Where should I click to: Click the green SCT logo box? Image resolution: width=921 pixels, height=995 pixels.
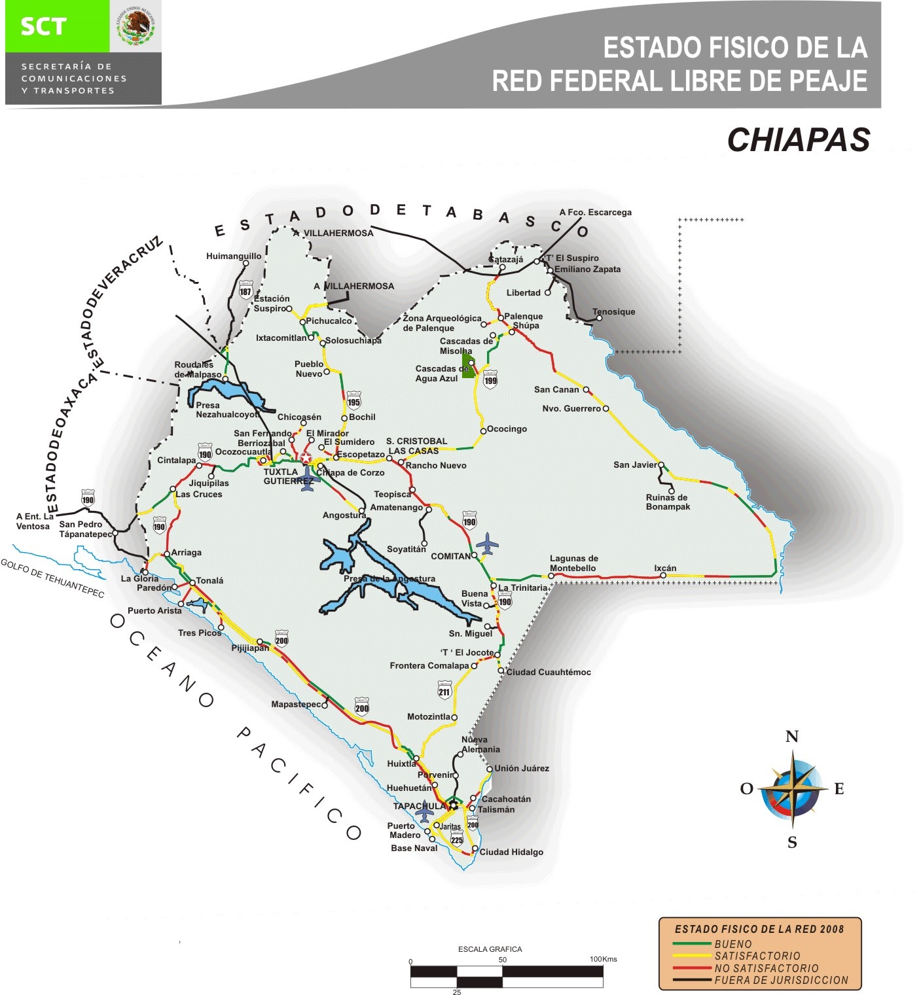(x=57, y=27)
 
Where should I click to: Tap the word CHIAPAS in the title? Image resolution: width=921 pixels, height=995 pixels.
(x=798, y=140)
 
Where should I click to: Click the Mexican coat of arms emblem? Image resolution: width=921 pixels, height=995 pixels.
(x=135, y=27)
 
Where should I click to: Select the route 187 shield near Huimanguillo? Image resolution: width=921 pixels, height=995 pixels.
(x=245, y=290)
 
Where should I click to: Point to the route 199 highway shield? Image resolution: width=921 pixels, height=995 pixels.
(x=490, y=379)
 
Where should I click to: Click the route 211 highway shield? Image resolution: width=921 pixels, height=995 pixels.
(x=444, y=690)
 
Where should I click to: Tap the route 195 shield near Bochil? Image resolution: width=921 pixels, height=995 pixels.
(x=353, y=400)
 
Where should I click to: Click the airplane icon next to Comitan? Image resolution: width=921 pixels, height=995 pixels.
(x=487, y=544)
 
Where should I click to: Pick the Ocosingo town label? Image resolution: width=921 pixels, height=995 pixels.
(x=507, y=429)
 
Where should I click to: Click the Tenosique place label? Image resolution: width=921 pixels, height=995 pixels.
(x=613, y=312)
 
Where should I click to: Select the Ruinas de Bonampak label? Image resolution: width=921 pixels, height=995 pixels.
(x=668, y=502)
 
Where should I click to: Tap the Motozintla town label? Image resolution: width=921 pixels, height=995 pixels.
(x=429, y=717)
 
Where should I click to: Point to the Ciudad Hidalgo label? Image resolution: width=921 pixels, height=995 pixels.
(x=511, y=852)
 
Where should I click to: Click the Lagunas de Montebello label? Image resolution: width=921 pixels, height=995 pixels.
(x=573, y=563)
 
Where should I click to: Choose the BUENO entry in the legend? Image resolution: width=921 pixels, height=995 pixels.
(x=733, y=944)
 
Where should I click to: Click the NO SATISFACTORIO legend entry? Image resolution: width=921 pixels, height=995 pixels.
(x=766, y=968)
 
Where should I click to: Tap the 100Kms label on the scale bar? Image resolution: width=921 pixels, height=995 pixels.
(x=603, y=959)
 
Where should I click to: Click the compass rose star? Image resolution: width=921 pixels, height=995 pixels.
(x=793, y=789)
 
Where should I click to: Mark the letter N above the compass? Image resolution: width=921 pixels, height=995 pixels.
(x=792, y=737)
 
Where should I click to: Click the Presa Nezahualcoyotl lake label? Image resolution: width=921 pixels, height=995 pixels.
(x=226, y=410)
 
